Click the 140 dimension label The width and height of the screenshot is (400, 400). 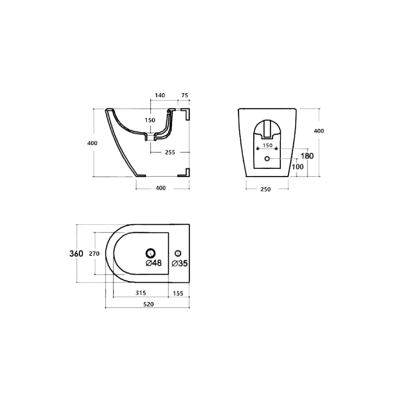coord(160,95)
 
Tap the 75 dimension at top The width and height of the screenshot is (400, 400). coord(184,95)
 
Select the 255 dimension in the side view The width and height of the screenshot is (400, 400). coord(170,152)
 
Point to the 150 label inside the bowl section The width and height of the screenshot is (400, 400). coord(150,120)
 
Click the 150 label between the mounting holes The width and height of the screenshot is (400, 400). coord(267,145)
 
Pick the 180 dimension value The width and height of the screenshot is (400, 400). coord(307,156)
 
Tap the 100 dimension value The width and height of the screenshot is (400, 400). coord(297,167)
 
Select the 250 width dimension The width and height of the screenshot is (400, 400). coord(265,189)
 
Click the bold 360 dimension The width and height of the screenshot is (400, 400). coord(76,253)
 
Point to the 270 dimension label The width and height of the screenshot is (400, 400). coord(94,253)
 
